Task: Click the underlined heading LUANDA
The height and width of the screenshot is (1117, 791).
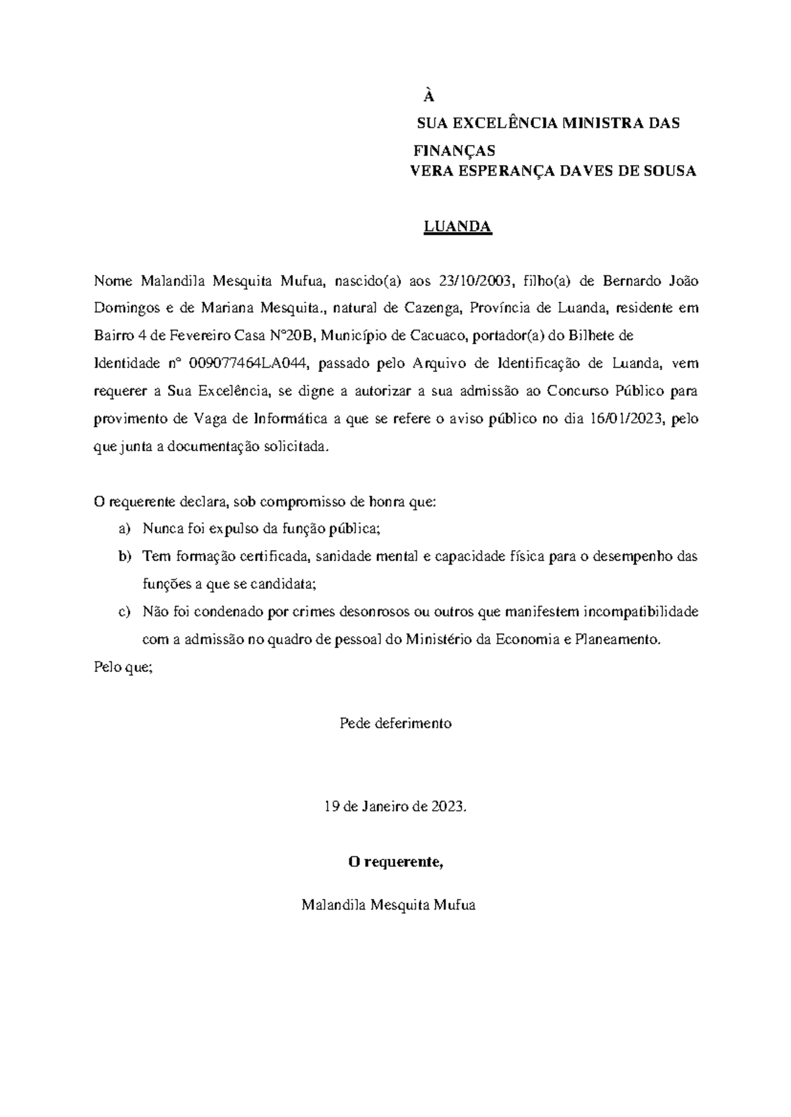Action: [x=457, y=227]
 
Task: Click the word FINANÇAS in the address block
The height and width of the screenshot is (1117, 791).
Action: [x=454, y=151]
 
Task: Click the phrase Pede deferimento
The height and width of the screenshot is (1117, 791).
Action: [x=395, y=723]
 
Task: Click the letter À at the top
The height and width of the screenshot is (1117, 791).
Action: [x=429, y=97]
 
